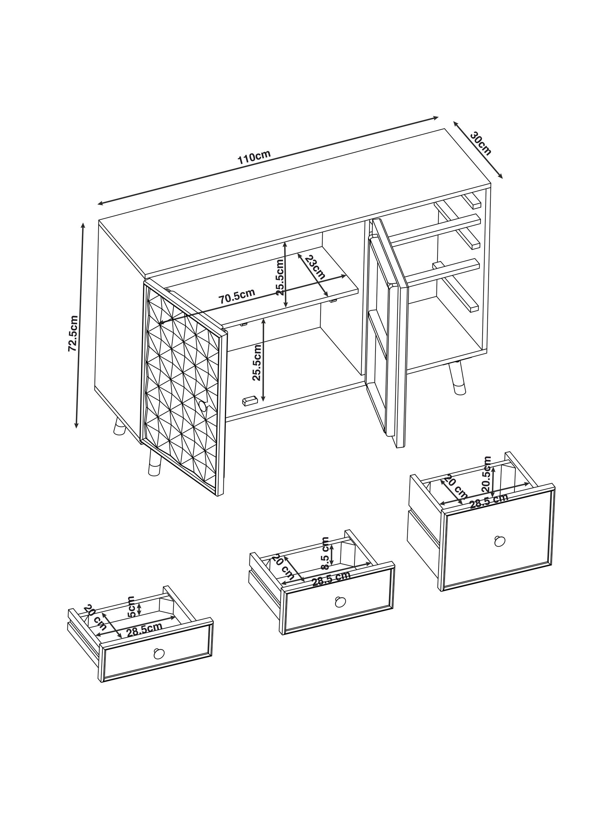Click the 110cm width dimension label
tap(254, 156)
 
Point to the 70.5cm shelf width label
tap(237, 296)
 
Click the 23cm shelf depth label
tap(315, 267)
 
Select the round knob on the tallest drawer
tap(499, 541)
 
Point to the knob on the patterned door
tap(203, 406)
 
